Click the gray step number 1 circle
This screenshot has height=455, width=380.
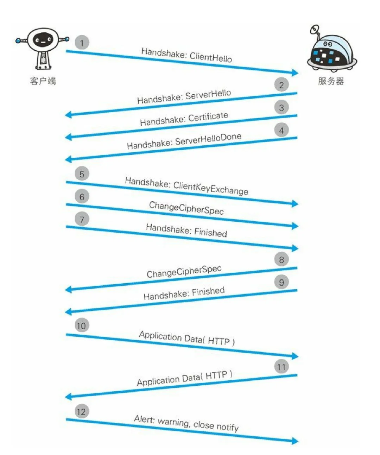pos(82,43)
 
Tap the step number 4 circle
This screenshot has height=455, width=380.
pos(281,131)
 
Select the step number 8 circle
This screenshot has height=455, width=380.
pos(281,260)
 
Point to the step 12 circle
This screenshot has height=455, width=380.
pos(81,412)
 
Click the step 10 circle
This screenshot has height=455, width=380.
pos(81,326)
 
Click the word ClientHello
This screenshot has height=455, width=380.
pos(211,56)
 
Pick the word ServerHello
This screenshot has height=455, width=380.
pos(208,95)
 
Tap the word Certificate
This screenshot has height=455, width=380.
pos(208,117)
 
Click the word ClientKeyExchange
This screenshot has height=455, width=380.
pos(210,188)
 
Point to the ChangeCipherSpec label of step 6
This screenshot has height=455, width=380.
pos(186,208)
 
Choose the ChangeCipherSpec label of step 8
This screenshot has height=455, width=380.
pos(184,271)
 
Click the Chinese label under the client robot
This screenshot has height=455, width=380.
pos(43,81)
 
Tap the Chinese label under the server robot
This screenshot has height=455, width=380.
pos(331,81)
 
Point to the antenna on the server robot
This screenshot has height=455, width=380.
pos(314,30)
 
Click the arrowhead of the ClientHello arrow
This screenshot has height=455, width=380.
pos(295,72)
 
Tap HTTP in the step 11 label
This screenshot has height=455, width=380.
pos(216,375)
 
